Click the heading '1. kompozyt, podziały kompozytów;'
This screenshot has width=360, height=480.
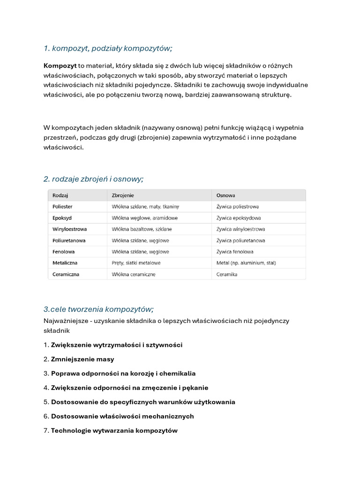[x=108, y=49]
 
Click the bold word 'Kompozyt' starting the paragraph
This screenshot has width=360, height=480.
[x=60, y=66]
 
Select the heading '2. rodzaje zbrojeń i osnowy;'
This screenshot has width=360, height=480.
[x=93, y=179]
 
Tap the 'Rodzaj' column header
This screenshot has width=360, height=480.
[x=60, y=195]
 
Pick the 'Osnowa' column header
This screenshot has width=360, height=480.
[x=226, y=195]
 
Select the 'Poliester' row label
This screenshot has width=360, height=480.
[x=63, y=206]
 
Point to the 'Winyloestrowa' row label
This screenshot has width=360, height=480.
[x=69, y=229]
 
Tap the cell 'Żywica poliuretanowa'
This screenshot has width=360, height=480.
[x=240, y=240]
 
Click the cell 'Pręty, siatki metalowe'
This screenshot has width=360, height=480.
[x=136, y=263]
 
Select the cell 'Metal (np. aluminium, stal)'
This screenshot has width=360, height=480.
[x=246, y=263]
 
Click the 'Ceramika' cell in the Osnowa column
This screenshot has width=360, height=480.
[x=227, y=274]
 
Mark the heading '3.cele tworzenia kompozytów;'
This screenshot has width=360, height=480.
[x=98, y=309]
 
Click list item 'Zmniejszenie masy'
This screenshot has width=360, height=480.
[x=82, y=359]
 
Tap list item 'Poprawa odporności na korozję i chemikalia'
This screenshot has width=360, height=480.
[x=123, y=374]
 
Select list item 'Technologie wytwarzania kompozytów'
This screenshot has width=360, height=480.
[x=114, y=430]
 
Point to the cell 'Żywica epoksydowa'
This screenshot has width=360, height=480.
[x=239, y=218]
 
